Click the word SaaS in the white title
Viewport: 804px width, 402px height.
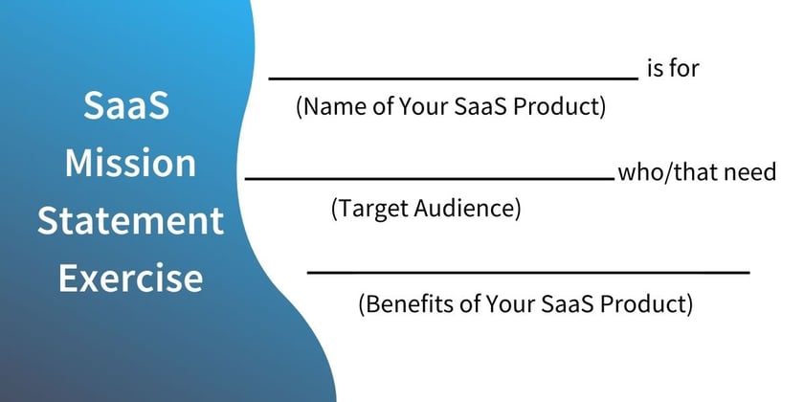point(126,105)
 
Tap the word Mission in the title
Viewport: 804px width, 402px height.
point(130,163)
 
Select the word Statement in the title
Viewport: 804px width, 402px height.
point(130,220)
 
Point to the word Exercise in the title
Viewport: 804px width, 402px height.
point(130,278)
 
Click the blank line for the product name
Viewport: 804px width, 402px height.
point(454,78)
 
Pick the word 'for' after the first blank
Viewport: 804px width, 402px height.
point(684,68)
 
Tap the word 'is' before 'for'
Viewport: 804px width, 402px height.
point(655,68)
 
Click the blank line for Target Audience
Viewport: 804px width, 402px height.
point(430,178)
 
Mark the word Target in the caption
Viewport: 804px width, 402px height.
point(370,209)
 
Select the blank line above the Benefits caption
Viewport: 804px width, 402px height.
point(528,272)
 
